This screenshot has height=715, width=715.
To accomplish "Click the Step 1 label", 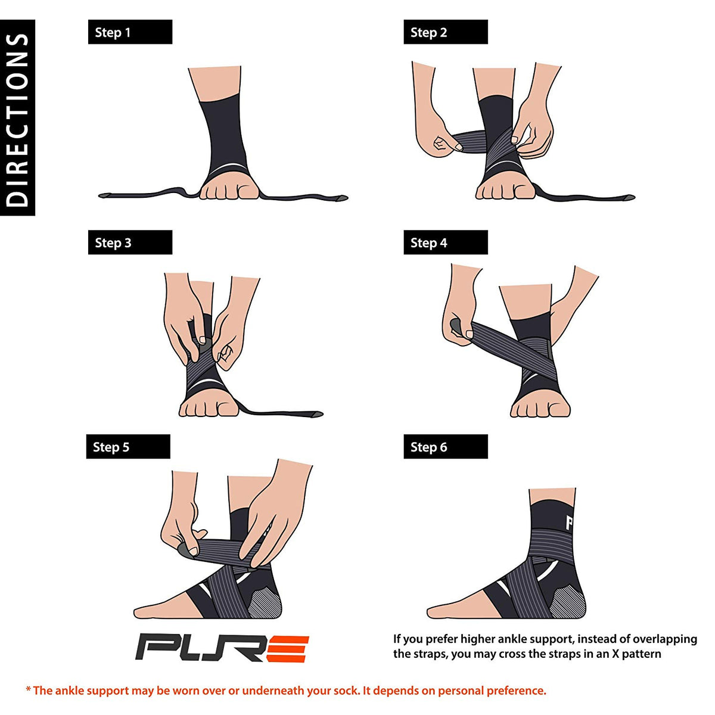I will point(130,32).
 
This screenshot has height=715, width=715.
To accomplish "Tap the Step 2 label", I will point(445,32).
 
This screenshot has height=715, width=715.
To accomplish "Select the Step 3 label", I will point(130,243).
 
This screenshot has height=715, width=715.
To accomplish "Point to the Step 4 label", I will point(445,243).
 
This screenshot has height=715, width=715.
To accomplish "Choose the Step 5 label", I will point(128,447).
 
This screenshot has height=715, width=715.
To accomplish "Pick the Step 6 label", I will point(445,447).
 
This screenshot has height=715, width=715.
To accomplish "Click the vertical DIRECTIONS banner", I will point(17,118).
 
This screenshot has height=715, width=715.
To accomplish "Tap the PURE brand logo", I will point(222,648).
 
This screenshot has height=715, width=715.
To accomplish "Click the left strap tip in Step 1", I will point(106,195).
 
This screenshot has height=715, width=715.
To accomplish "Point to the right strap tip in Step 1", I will point(340,197).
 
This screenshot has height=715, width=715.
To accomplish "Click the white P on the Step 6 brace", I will point(569,523).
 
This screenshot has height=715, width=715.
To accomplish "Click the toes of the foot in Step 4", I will point(539,409).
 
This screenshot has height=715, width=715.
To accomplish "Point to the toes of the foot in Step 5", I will point(146,610).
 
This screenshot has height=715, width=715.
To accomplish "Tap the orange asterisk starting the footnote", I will point(28,689).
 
